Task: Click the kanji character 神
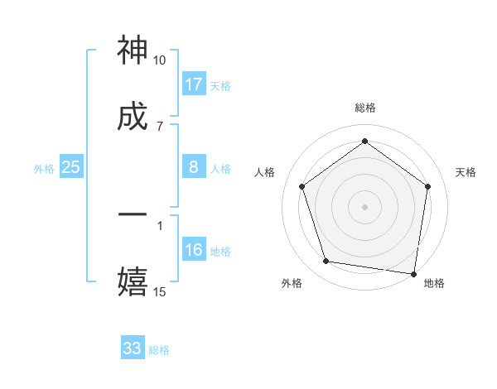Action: pyautogui.click(x=133, y=51)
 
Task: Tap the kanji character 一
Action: pyautogui.click(x=133, y=214)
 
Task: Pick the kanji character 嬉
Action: pyautogui.click(x=133, y=281)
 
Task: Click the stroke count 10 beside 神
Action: pyautogui.click(x=160, y=60)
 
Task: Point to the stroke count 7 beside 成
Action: pyautogui.click(x=160, y=126)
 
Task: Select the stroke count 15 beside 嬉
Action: pyautogui.click(x=160, y=291)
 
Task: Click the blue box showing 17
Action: pyautogui.click(x=194, y=84)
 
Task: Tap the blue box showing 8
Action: pyautogui.click(x=194, y=167)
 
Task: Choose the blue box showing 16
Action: pyautogui.click(x=194, y=250)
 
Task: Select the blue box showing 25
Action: pyautogui.click(x=71, y=167)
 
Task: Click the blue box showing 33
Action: pyautogui.click(x=133, y=348)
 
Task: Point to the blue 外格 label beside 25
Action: pyautogui.click(x=44, y=169)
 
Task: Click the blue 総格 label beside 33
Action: pyautogui.click(x=159, y=350)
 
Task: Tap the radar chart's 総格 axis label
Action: pyautogui.click(x=365, y=108)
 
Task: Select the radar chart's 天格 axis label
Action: pyautogui.click(x=466, y=172)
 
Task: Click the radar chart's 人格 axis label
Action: pyautogui.click(x=265, y=172)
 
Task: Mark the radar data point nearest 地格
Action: pyautogui.click(x=414, y=273)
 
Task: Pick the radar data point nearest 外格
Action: pyautogui.click(x=326, y=262)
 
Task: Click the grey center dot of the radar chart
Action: pyautogui.click(x=365, y=206)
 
